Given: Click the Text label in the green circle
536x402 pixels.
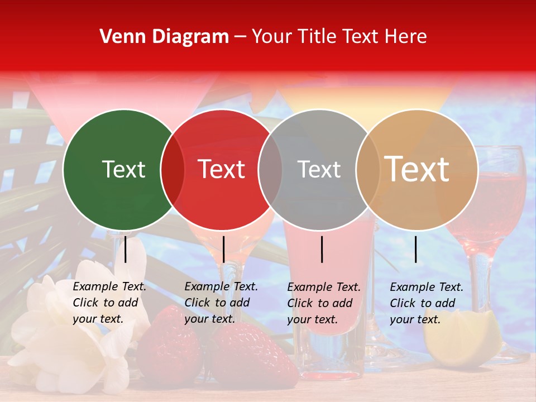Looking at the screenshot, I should click(x=123, y=169).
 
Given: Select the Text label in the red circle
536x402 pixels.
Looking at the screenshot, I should click(x=221, y=169).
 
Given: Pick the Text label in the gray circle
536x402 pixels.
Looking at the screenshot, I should click(x=319, y=169).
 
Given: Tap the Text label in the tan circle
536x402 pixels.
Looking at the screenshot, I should click(x=417, y=169).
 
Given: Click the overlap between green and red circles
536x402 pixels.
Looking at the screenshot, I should click(x=173, y=169).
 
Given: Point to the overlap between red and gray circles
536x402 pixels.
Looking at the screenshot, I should click(x=270, y=169).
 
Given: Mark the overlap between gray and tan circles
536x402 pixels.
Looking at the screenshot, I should click(x=367, y=169).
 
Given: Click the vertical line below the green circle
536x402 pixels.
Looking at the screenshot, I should click(x=126, y=249).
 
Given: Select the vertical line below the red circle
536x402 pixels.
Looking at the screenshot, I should click(x=223, y=249).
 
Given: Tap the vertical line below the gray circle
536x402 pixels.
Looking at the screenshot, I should click(x=322, y=249).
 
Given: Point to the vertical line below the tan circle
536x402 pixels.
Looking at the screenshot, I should click(x=415, y=249).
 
